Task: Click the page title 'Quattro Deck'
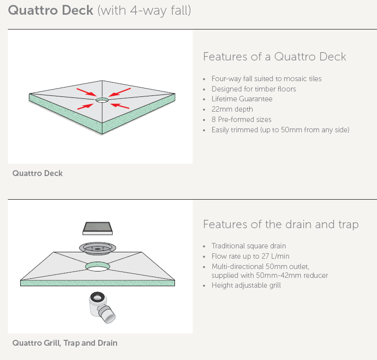pos(51,10)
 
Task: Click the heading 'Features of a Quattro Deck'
pos(274,57)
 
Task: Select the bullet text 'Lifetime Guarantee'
pos(242,99)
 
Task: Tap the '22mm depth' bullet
pos(232,109)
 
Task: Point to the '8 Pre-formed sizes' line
pos(241,120)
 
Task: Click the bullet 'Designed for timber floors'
pos(254,89)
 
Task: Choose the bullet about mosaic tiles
pos(266,79)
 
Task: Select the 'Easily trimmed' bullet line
pos(280,130)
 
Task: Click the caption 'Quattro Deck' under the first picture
pos(37,173)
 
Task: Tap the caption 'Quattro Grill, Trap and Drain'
pos(65,343)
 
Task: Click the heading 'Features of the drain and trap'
pos(281,225)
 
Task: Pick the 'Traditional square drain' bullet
pos(249,246)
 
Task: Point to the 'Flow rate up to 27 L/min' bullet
pos(251,256)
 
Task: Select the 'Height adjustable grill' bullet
pos(246,285)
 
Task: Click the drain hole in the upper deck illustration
pos(102,100)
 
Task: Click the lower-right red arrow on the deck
pos(119,105)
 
